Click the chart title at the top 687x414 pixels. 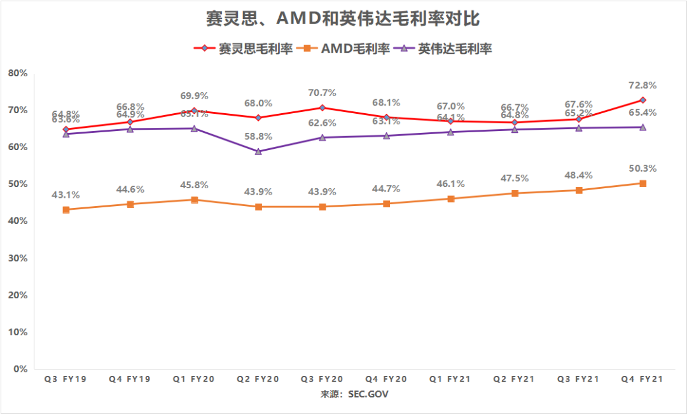(343, 19)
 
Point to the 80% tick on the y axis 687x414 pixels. (17, 73)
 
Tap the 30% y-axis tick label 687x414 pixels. (17, 258)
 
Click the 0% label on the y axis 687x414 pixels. (20, 369)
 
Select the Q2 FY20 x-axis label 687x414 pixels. (258, 379)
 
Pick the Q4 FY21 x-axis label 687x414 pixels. (642, 379)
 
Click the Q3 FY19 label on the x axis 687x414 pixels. (66, 379)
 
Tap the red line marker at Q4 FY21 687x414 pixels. (642, 100)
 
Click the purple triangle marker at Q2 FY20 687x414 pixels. (258, 151)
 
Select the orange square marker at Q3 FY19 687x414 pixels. (66, 209)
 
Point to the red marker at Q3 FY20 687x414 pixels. (323, 107)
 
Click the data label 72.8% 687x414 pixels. (642, 85)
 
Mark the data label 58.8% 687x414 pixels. (258, 136)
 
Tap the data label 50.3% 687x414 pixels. (642, 169)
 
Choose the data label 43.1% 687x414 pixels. (66, 195)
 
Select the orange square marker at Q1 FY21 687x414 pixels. (450, 198)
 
